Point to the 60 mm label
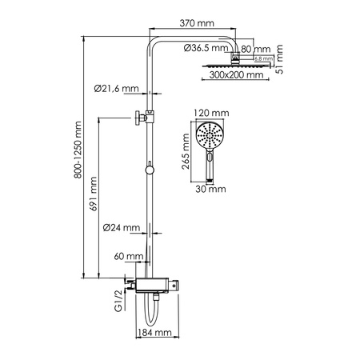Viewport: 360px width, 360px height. coord(129,258)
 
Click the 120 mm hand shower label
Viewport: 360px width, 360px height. coord(210,114)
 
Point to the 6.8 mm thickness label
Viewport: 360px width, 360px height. coord(260,59)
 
